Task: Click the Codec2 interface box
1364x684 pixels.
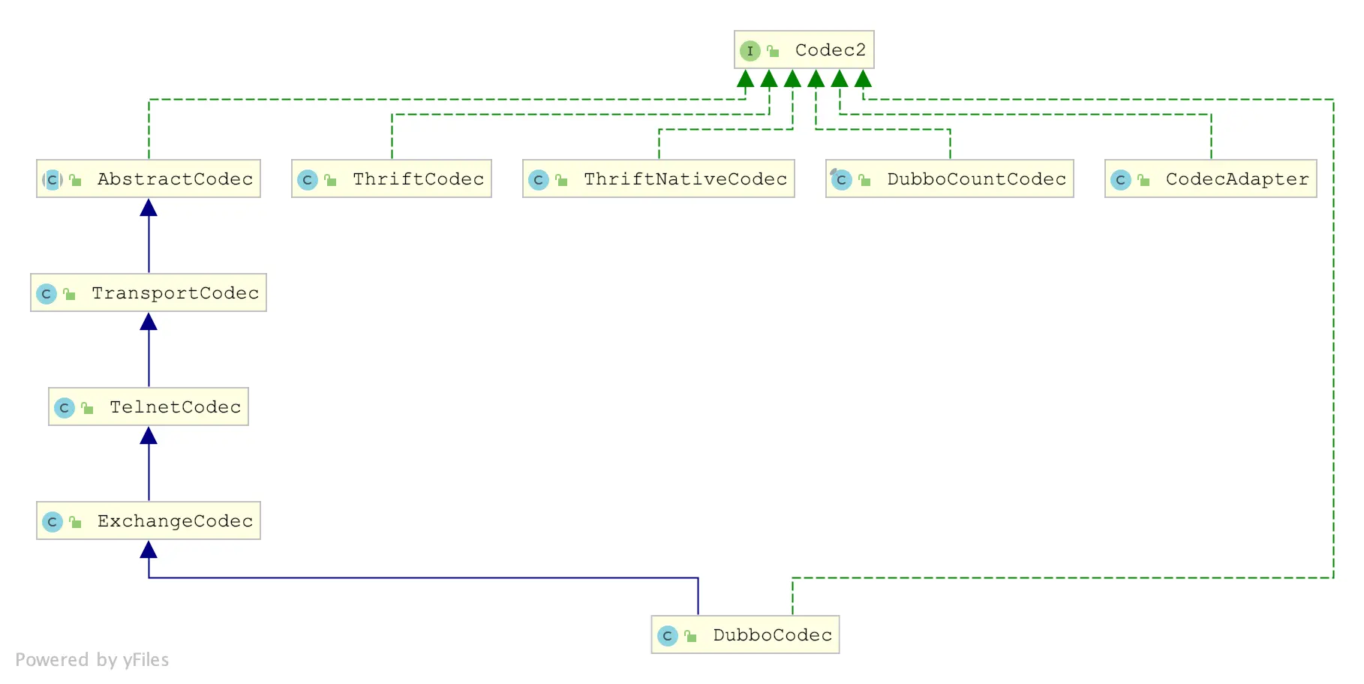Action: click(x=804, y=49)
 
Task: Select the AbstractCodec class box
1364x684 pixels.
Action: click(x=149, y=178)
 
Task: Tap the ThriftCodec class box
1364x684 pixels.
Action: click(x=391, y=178)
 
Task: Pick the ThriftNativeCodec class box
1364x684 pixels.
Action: click(x=658, y=178)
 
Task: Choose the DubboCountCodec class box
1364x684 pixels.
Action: click(x=949, y=178)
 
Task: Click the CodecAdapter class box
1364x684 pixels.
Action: click(x=1210, y=178)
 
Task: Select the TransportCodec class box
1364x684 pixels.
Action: click(x=149, y=292)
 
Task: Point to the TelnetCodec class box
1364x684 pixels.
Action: click(x=149, y=406)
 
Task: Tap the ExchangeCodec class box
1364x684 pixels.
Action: click(x=149, y=520)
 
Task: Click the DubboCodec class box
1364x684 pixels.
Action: click(x=745, y=634)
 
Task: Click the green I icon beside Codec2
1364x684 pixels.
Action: click(x=750, y=50)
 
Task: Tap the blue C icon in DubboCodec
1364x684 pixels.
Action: click(x=667, y=636)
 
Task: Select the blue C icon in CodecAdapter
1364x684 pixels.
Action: click(x=1120, y=180)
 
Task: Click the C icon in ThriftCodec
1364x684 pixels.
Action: click(x=307, y=180)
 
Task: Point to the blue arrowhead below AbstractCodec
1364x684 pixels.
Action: click(x=149, y=208)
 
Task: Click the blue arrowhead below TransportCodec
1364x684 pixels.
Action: click(x=149, y=322)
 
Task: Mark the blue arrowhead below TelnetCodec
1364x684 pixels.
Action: click(x=149, y=436)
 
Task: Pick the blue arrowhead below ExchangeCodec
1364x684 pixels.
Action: click(x=149, y=550)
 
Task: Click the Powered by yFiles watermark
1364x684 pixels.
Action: click(x=92, y=659)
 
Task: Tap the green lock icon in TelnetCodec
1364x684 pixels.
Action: click(x=87, y=408)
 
